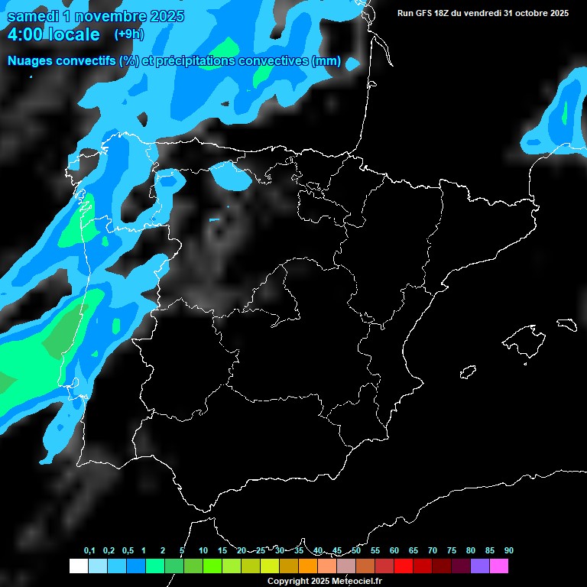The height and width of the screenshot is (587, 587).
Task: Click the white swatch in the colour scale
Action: click(78, 566)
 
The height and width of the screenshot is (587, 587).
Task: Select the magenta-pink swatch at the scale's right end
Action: click(499, 566)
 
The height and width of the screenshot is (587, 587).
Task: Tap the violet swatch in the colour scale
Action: click(480, 566)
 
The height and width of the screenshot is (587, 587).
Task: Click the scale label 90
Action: click(508, 551)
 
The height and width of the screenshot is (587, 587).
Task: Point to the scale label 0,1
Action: click(89, 551)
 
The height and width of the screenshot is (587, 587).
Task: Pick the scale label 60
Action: click(394, 551)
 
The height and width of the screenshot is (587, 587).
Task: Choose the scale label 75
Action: click(451, 551)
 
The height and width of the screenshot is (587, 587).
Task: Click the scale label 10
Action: click(203, 551)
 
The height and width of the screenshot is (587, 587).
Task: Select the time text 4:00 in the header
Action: click(25, 34)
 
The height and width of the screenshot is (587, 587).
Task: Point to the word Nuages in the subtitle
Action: click(30, 61)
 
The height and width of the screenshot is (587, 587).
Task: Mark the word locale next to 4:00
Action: click(73, 34)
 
